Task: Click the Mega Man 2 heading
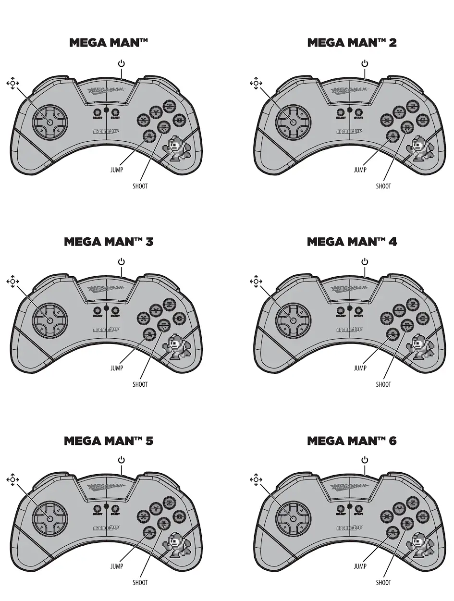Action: pos(352,43)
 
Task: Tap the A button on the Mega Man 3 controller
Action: pos(149,334)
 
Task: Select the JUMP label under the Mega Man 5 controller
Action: pos(117,566)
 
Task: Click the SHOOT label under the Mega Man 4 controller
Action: pos(383,384)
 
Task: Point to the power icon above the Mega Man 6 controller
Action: pos(365,460)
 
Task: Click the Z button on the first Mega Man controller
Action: pos(168,106)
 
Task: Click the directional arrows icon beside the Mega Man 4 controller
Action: pos(255,281)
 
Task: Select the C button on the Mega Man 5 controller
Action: pos(178,516)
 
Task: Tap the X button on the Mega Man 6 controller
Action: pos(386,517)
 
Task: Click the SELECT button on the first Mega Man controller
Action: pos(97,113)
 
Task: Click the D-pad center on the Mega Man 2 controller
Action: pos(292,121)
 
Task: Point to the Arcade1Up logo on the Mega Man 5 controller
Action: pos(106,527)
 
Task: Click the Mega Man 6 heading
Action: pos(352,441)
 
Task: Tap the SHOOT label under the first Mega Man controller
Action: pos(140,186)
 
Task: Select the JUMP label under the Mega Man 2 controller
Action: pos(360,170)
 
